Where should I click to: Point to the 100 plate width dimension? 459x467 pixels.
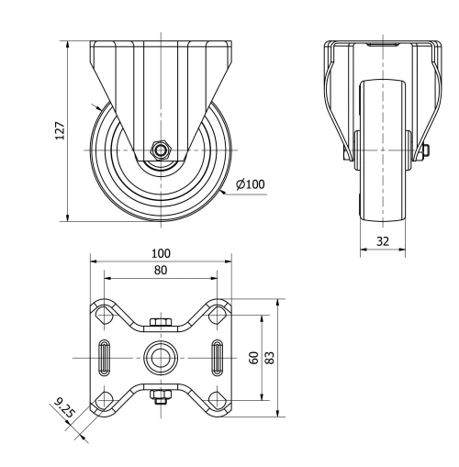tap(162, 253)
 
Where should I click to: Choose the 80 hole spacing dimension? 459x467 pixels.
tap(162, 271)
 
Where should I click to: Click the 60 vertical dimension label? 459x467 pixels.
tap(254, 356)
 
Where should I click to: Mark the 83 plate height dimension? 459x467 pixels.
tap(270, 356)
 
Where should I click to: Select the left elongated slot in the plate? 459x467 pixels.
tap(105, 355)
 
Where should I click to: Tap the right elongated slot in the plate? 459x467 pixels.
tap(218, 355)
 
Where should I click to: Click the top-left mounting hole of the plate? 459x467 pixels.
tap(104, 314)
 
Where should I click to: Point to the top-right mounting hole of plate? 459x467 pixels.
tap(218, 314)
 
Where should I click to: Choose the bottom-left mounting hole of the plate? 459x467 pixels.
tap(104, 398)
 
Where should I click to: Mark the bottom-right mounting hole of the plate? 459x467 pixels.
tap(218, 398)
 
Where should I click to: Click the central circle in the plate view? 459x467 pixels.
tap(162, 356)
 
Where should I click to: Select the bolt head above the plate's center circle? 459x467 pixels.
tap(162, 323)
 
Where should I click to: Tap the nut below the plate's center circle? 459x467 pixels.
tap(162, 396)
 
